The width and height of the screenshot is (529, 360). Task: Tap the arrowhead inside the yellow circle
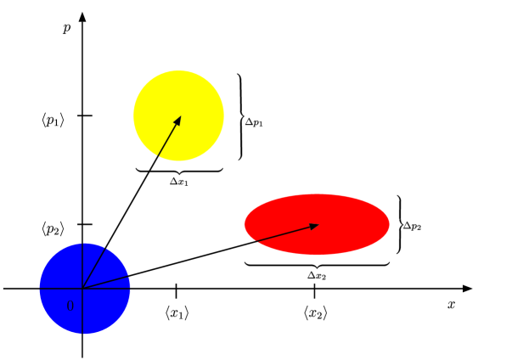click(x=178, y=120)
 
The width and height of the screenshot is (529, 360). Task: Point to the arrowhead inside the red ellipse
click(x=314, y=226)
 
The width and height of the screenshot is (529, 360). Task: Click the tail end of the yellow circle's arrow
click(x=158, y=156)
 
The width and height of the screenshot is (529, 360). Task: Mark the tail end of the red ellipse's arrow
click(x=255, y=242)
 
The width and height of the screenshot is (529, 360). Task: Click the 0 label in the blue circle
click(x=70, y=306)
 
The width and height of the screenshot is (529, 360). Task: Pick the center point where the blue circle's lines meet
click(x=82, y=289)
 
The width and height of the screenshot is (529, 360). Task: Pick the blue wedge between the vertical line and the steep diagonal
click(x=91, y=259)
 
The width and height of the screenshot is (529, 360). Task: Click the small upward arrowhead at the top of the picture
click(x=82, y=17)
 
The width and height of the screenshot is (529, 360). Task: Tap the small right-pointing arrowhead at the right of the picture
click(x=467, y=289)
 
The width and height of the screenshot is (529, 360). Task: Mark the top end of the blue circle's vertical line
click(x=82, y=244)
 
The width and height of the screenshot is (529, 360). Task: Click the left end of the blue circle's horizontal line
click(x=40, y=289)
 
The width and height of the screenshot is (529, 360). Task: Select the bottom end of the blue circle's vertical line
click(x=82, y=333)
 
